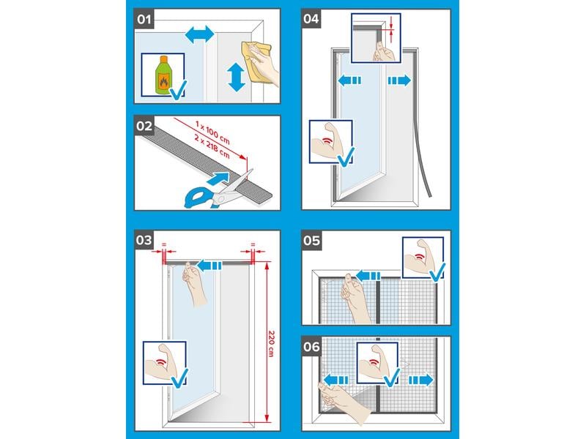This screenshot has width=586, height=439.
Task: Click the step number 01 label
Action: click(144, 19)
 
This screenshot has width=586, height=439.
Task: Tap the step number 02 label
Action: click(144, 126)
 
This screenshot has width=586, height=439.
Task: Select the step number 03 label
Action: click(144, 240)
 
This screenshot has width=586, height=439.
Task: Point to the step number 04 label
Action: click(311, 19)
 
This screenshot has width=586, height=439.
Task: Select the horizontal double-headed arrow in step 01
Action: click(199, 34)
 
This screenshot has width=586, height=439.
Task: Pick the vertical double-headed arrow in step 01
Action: click(236, 77)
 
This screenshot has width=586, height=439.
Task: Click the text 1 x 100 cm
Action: click(212, 132)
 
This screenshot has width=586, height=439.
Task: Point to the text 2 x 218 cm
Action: click(212, 146)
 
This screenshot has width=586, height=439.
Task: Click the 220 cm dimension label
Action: click(272, 343)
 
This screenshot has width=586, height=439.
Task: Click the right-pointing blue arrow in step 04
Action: click(399, 80)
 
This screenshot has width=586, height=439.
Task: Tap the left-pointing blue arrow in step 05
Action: click(368, 277)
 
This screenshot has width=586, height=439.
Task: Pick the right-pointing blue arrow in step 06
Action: click(420, 380)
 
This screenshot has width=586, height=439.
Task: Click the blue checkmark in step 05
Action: click(437, 272)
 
